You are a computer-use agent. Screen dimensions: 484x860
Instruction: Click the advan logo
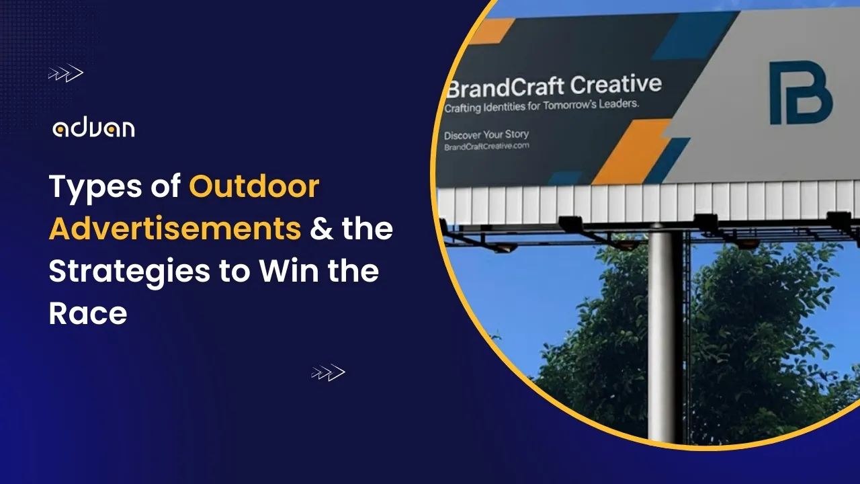click(x=93, y=128)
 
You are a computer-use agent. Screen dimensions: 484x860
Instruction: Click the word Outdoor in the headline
click(x=254, y=186)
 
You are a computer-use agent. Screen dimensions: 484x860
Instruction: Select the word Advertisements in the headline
click(x=175, y=229)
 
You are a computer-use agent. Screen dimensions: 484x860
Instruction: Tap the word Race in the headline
click(x=87, y=313)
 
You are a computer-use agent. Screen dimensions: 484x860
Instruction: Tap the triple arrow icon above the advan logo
click(x=66, y=73)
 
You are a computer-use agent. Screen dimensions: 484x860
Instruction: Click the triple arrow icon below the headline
click(x=328, y=373)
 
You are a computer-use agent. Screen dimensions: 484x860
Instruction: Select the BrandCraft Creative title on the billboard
click(x=554, y=87)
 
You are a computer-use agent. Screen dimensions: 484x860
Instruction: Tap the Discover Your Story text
click(x=486, y=134)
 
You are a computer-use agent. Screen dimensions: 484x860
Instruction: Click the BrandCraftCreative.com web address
click(x=486, y=146)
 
